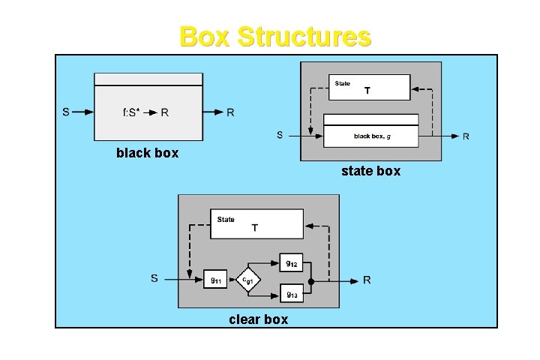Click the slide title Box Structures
(x=275, y=36)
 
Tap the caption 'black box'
(x=147, y=153)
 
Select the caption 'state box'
(x=370, y=171)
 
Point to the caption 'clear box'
(x=258, y=319)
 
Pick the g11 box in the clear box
(x=215, y=280)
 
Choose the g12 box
(x=292, y=262)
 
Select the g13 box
(x=292, y=293)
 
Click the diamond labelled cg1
(x=248, y=280)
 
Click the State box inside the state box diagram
(x=369, y=86)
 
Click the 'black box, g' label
(x=370, y=136)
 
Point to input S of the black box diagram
(x=67, y=113)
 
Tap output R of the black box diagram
(x=230, y=113)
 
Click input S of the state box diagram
(x=280, y=136)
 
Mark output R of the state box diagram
(x=466, y=136)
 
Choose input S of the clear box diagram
(x=154, y=279)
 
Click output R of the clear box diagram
(x=367, y=280)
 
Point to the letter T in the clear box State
(x=255, y=228)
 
